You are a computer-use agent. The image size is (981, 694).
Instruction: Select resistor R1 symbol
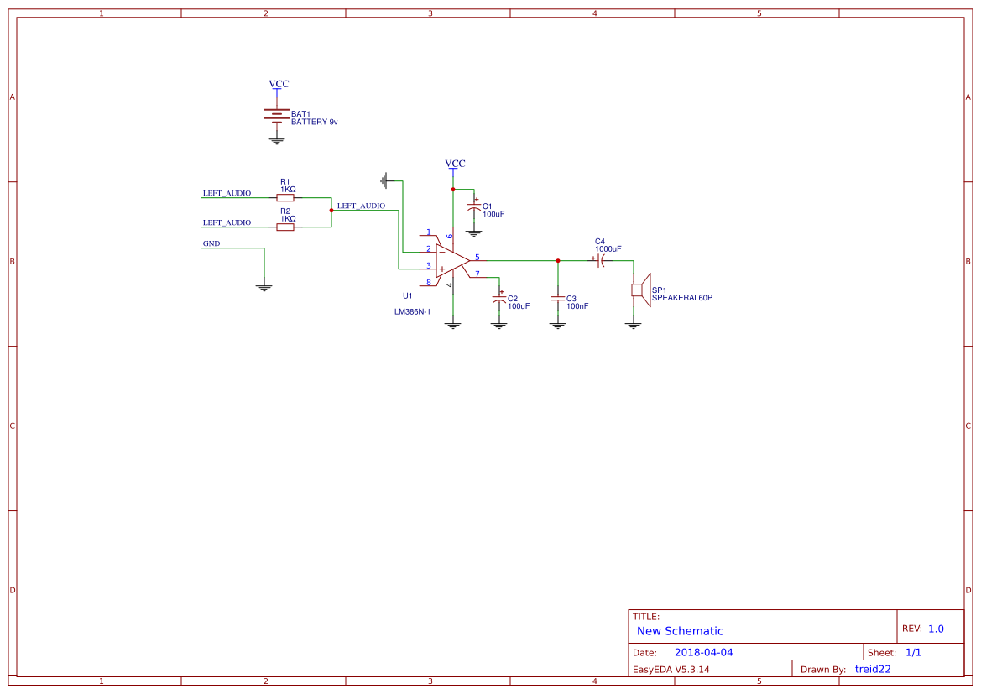[285, 198]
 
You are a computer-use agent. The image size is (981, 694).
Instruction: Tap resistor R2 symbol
[285, 227]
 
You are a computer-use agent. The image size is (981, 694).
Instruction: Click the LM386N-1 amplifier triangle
[451, 260]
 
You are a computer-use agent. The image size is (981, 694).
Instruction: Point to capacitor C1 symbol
[473, 208]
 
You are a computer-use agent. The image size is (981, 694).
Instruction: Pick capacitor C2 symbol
[499, 300]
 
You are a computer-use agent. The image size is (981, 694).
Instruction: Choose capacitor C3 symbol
[557, 299]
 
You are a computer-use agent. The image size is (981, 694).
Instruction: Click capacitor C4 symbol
[602, 260]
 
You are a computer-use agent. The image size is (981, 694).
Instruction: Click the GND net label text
[211, 243]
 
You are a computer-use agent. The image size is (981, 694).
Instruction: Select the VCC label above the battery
[279, 84]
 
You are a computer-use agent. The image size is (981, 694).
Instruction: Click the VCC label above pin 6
[455, 164]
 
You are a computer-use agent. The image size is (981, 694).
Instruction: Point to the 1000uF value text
[608, 249]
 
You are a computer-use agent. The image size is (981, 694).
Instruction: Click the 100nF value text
[577, 306]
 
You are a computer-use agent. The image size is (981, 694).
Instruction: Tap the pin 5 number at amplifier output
[477, 257]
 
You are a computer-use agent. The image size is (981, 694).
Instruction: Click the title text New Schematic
[680, 631]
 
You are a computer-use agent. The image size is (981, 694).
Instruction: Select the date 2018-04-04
[703, 652]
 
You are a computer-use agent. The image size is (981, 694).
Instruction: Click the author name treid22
[873, 669]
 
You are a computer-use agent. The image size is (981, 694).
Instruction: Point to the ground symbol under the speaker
[633, 324]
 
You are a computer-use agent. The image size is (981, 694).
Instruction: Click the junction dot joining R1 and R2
[331, 211]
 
